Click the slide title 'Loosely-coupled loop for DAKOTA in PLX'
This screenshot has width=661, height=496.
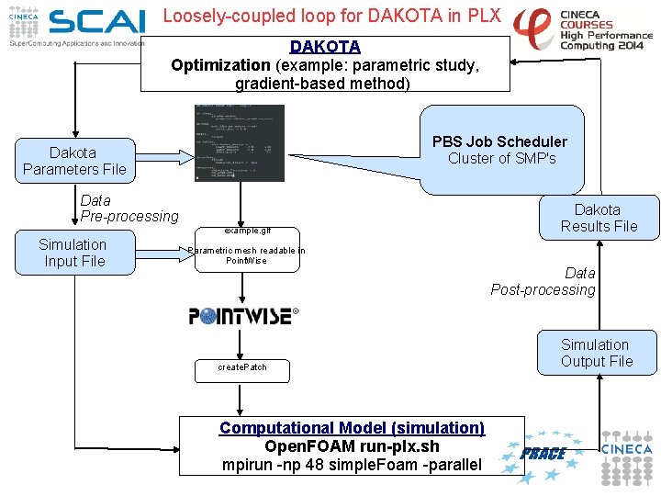[331, 16]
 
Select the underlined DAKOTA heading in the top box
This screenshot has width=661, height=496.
[325, 46]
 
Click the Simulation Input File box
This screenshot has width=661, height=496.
[73, 253]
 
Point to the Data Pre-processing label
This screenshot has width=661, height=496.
[129, 209]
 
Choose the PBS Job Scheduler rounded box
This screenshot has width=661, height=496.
[500, 150]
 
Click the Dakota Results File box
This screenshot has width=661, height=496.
[599, 218]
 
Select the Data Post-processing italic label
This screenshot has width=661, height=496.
[543, 281]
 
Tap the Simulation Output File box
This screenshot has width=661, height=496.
[597, 353]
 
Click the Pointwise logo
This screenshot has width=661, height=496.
[243, 316]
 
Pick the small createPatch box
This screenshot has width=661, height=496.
[242, 367]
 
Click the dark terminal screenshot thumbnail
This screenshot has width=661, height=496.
[240, 142]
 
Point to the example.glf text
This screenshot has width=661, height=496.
[247, 231]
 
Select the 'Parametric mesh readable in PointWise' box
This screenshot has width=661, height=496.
[245, 255]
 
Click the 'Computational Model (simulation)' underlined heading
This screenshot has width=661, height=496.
[352, 428]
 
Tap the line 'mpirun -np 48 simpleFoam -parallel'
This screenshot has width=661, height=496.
[352, 465]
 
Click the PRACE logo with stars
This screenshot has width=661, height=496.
[543, 453]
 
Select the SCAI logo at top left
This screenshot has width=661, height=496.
[96, 22]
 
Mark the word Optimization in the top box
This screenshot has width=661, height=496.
[220, 65]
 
